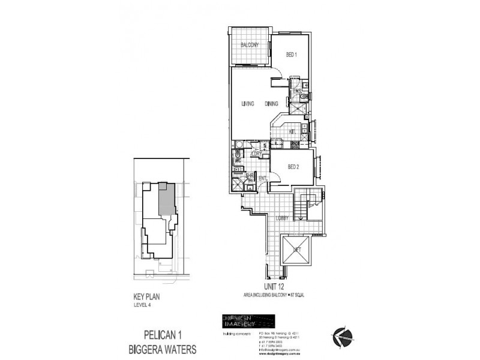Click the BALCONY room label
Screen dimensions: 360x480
point(250,46)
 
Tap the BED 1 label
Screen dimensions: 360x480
point(292,55)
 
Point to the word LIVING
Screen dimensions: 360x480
point(248,104)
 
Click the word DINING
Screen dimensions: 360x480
point(272,104)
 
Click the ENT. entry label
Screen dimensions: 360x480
point(262,178)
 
